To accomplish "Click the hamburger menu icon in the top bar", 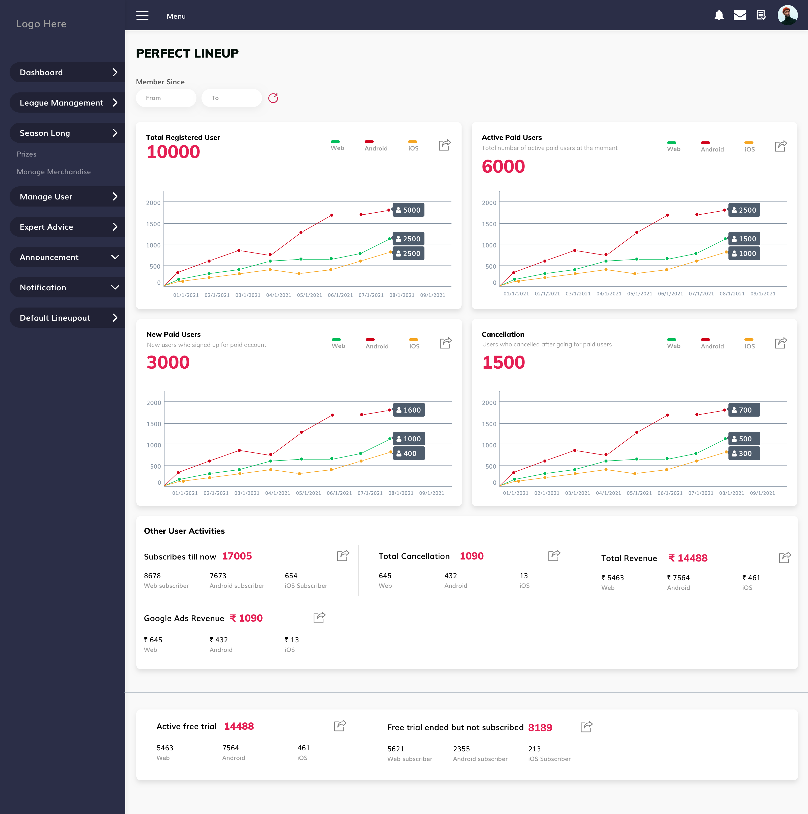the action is click(142, 16).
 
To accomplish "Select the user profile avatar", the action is click(787, 15).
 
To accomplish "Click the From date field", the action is click(166, 98).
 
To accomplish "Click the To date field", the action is click(232, 98).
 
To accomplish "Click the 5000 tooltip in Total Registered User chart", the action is click(408, 210).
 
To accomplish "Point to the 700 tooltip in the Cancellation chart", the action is click(744, 410).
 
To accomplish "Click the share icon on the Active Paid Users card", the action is click(781, 146).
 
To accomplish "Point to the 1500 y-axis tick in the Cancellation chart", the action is click(489, 424).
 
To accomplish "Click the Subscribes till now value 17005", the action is click(237, 556).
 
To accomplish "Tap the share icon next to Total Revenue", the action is click(785, 558).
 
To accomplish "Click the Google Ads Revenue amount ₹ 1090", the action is click(246, 618).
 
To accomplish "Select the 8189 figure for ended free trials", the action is click(540, 728).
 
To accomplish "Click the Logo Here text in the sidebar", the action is click(41, 24).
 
